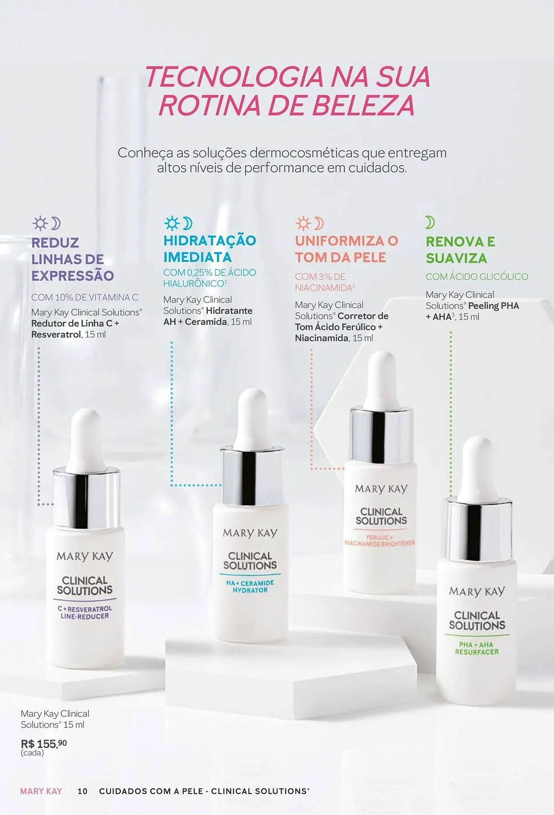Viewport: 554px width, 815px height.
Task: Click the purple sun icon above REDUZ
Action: pyautogui.click(x=40, y=223)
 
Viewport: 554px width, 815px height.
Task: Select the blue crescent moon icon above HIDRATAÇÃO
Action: pyautogui.click(x=188, y=223)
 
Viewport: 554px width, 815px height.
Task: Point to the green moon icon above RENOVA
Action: pyautogui.click(x=430, y=222)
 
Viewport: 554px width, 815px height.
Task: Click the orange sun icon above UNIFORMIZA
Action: pyautogui.click(x=303, y=223)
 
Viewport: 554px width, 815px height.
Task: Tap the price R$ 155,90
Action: pyautogui.click(x=44, y=744)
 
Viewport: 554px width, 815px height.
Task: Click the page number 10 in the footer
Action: pyautogui.click(x=82, y=791)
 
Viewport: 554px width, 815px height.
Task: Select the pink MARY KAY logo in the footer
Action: pyautogui.click(x=41, y=791)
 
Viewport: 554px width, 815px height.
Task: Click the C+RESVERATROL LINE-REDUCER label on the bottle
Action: pyautogui.click(x=85, y=612)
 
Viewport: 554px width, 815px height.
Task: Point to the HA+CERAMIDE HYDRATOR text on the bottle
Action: pyautogui.click(x=250, y=586)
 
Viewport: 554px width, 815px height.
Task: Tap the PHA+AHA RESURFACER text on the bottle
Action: pyautogui.click(x=477, y=648)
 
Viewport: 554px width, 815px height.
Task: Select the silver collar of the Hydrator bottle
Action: pyautogui.click(x=252, y=475)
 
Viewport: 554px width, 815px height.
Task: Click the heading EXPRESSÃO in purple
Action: pyautogui.click(x=73, y=275)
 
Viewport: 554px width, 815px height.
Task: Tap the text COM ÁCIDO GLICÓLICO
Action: pyautogui.click(x=477, y=277)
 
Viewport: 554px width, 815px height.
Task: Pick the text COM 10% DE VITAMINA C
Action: pyautogui.click(x=85, y=297)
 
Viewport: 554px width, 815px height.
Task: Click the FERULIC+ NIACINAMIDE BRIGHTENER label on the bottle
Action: pyautogui.click(x=380, y=540)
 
